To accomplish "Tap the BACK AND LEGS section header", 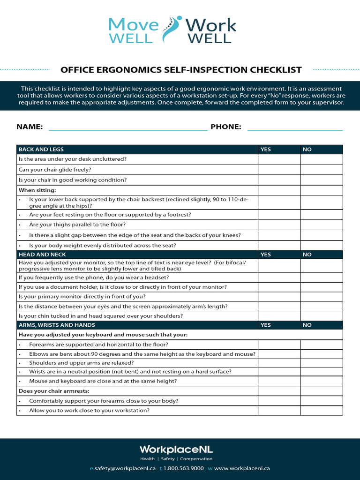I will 41,150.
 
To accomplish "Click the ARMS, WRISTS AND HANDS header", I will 57,325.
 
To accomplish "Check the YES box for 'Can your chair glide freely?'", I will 279,170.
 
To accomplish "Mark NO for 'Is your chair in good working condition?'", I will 322,180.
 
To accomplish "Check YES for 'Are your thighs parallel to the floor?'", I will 279,225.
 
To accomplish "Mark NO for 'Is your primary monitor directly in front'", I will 322,297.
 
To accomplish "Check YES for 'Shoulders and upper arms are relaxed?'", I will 279,363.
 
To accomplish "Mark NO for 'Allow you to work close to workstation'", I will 322,411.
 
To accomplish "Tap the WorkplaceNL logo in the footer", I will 176,449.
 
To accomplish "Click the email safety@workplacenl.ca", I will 125,468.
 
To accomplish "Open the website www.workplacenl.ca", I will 242,468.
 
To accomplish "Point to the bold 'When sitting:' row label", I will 37,190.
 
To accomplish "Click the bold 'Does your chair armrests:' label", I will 54,391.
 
